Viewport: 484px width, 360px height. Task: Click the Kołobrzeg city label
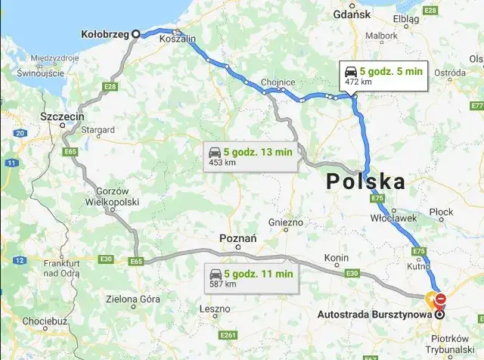105,33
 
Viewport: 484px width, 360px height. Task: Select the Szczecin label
61,117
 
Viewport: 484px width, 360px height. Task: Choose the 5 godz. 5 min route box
383,76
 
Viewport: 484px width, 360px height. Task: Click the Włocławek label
390,216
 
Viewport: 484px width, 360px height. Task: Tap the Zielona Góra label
134,299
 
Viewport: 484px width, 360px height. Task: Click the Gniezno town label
286,223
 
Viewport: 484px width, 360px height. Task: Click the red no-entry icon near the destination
440,299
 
